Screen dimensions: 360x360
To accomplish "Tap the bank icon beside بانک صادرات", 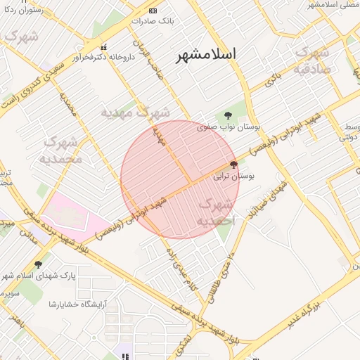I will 153,10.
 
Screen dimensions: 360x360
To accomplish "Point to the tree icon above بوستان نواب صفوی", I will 227,115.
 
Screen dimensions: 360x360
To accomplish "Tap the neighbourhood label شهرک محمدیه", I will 64,150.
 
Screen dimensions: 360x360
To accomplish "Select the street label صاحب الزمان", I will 154,56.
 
